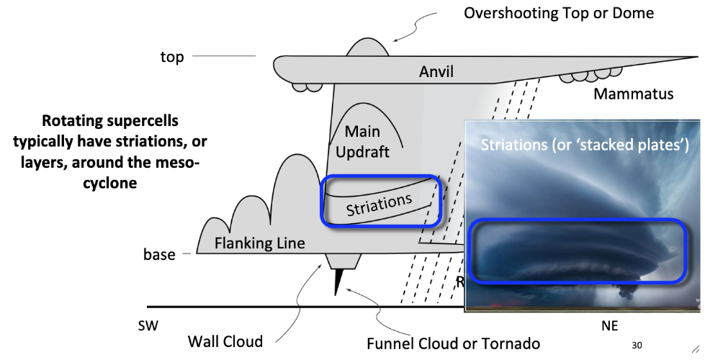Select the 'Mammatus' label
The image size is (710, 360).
pos(634,94)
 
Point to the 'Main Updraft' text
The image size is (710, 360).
pos(367,141)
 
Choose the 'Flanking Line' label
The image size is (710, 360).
pos(259,243)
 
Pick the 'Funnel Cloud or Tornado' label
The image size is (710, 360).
pos(453,343)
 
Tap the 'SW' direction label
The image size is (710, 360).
pos(148,325)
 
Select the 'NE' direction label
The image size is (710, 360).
pos(609,325)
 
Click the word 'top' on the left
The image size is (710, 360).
pos(172,57)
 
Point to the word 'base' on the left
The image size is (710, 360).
pos(159,254)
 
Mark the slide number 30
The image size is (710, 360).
pos(637,345)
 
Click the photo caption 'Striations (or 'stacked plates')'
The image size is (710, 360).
pos(585,144)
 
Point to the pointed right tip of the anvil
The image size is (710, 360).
pos(694,57)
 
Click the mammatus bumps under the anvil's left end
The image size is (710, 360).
pos(306,86)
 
